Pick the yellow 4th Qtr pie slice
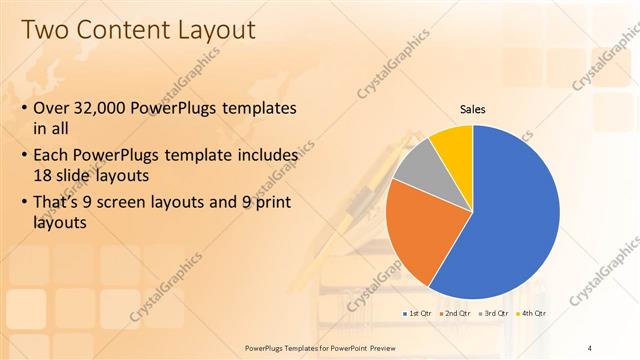click(x=456, y=145)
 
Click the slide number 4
click(x=591, y=346)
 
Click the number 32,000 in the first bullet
click(x=109, y=108)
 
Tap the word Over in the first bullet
click(x=54, y=108)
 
